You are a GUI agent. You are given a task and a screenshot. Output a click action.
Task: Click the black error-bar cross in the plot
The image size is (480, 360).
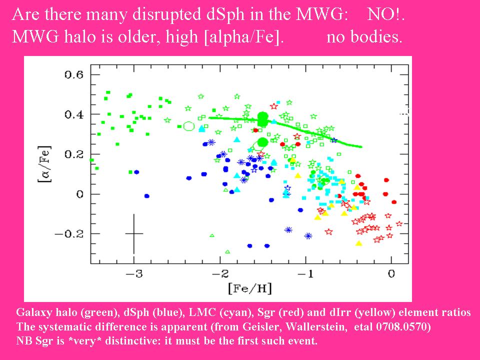pos(134,233)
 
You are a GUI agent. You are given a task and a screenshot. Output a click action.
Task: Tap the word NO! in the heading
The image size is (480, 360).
pos(385,14)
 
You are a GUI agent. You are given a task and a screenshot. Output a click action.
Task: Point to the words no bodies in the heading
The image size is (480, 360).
pos(364,38)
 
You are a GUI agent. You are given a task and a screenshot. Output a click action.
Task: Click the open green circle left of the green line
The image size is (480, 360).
pos(188,126)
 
